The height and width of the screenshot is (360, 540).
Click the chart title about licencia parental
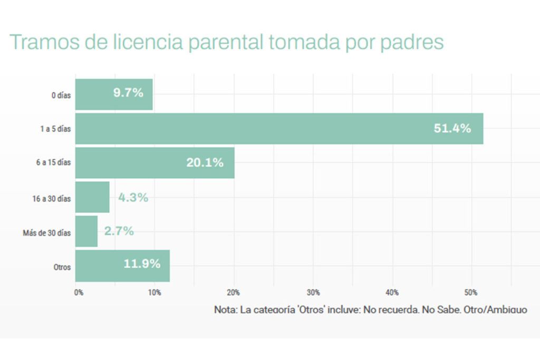point(227,42)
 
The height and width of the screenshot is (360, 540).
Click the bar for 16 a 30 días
point(92,197)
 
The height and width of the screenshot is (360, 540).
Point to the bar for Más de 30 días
point(86,231)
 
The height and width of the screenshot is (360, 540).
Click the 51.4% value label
point(452,128)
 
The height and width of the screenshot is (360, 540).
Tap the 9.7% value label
point(128,93)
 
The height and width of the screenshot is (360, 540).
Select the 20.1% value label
point(205,162)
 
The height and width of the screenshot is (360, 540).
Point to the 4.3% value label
point(133,198)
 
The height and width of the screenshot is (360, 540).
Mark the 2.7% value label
point(119,231)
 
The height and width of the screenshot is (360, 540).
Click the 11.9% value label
point(142,264)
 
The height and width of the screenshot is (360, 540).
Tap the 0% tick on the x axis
point(79,293)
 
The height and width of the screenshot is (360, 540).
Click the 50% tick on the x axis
point(471,293)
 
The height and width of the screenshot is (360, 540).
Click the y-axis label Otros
point(62,267)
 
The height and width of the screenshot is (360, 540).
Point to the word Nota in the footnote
point(225,310)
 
